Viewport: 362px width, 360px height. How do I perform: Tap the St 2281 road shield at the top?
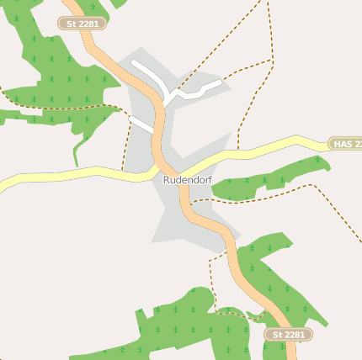pyautogui.click(x=82, y=24)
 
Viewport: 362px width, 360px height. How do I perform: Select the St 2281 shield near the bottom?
pyautogui.click(x=289, y=335)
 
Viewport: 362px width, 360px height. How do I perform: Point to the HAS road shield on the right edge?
pyautogui.click(x=345, y=145)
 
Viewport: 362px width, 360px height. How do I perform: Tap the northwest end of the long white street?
pyautogui.click(x=135, y=64)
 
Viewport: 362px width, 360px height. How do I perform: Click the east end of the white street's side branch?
pyautogui.click(x=218, y=83)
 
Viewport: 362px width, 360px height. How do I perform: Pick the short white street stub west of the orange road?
pyautogui.click(x=141, y=125)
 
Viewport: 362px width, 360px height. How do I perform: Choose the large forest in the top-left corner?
pyautogui.click(x=51, y=67)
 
